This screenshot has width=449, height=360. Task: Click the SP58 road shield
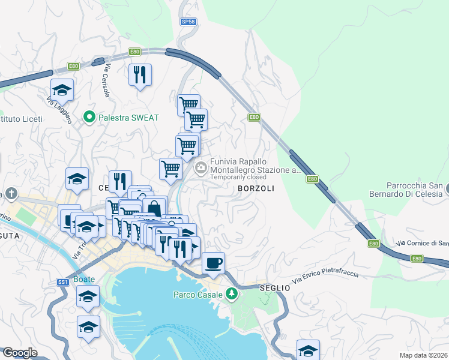pos(188,22)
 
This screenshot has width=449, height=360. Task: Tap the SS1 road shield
pos(63,282)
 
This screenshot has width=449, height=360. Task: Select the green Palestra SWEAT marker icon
pos(90,117)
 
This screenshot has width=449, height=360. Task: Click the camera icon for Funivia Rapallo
pos(202,166)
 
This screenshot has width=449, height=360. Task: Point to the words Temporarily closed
pos(238,178)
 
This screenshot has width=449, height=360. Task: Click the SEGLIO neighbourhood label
pos(275,288)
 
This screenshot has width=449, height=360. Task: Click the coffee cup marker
pos(213,262)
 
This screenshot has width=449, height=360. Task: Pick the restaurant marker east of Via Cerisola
pos(140,74)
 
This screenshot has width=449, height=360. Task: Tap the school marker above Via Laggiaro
pos(62,89)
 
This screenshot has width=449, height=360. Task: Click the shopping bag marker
pos(154,208)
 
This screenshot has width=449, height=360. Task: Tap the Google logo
pos(20,353)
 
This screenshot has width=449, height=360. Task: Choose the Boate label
pos(84,280)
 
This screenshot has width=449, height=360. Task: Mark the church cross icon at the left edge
pos(11,193)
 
